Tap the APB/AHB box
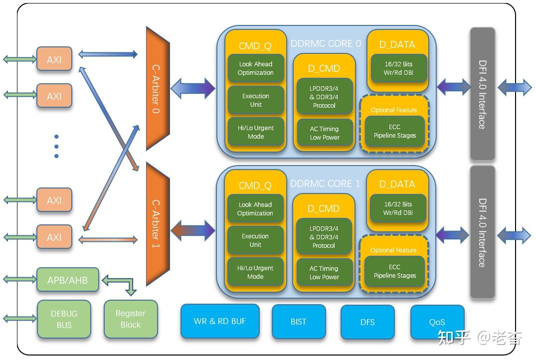pos(68,280)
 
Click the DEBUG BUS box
pos(64,319)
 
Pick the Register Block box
pos(131,319)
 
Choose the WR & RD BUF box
pos(220,321)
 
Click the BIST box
pos(298,322)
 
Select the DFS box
pos(367,322)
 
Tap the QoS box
pos(437,322)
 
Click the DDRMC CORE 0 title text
pos(326,43)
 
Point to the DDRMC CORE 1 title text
pos(325,183)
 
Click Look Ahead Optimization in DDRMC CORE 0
pos(256,68)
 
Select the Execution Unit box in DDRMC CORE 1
pos(255,240)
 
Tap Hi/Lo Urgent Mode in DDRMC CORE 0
pos(256,132)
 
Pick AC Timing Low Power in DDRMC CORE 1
pos(324,273)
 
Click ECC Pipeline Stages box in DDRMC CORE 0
pos(394,131)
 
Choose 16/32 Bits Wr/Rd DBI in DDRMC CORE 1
pos(398,208)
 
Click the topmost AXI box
pos(54,59)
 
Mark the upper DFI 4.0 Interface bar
pos(482,94)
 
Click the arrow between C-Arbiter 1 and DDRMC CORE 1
pos(193,230)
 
